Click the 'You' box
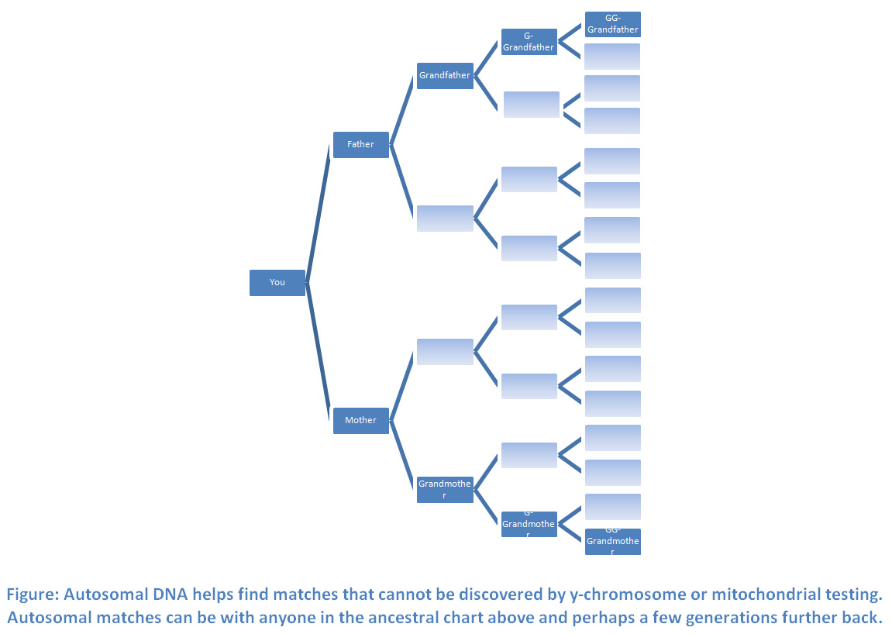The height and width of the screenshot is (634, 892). [x=277, y=283]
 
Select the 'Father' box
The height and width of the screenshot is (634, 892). [x=360, y=145]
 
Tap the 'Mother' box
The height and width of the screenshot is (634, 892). [x=360, y=421]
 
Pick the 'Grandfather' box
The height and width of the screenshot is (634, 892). [x=445, y=76]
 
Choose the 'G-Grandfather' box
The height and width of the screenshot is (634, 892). [x=529, y=42]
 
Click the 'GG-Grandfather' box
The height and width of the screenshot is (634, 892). [x=612, y=25]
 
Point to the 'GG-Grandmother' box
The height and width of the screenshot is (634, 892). [x=612, y=542]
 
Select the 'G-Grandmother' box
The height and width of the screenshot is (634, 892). [x=529, y=525]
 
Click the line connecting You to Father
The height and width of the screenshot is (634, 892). [x=319, y=213]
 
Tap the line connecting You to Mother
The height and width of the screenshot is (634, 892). [x=319, y=352]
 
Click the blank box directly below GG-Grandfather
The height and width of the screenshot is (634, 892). [x=612, y=57]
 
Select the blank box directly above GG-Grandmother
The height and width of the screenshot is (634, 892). [x=612, y=507]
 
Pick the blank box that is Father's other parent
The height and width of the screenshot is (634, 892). [x=445, y=219]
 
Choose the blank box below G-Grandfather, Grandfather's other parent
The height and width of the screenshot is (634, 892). [x=531, y=105]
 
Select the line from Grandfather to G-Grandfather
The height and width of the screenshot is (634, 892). [x=487, y=59]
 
